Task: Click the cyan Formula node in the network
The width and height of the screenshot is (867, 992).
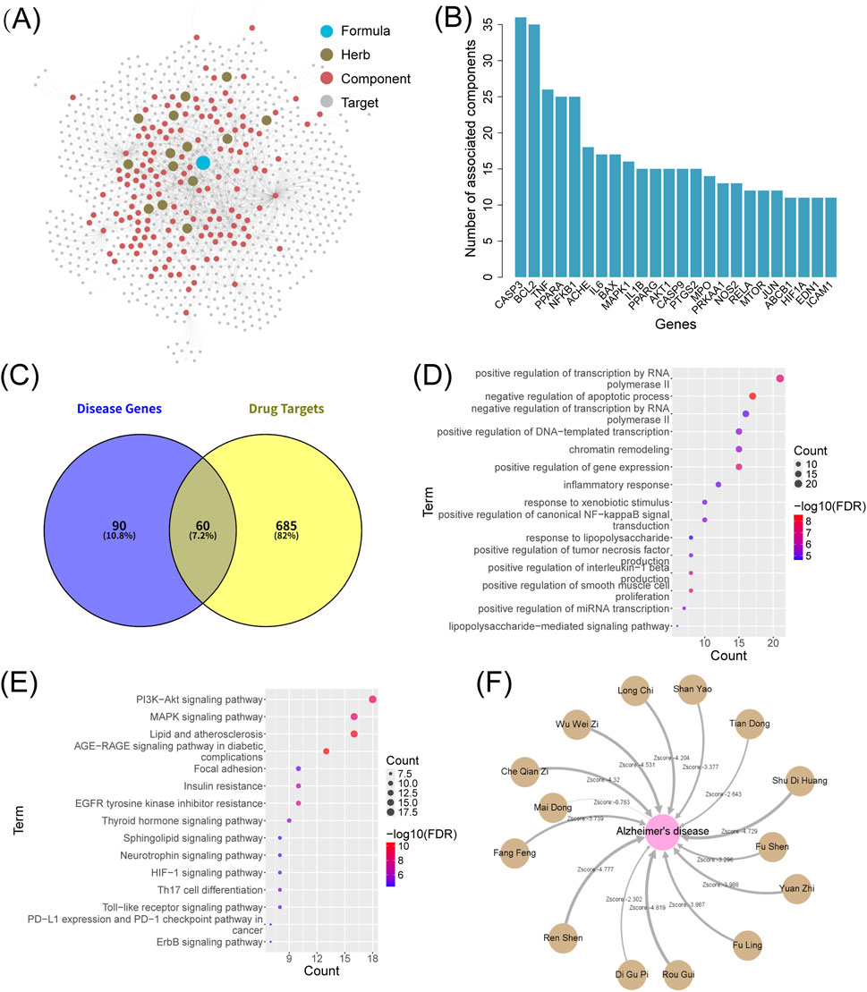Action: [203, 162]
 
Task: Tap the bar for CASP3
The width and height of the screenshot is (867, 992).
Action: [521, 148]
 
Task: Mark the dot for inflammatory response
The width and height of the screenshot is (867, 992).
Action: [718, 484]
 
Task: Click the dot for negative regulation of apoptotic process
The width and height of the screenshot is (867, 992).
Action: [752, 396]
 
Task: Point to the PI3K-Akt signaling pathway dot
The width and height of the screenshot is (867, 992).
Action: [372, 699]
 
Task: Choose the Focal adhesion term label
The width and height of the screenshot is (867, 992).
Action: [228, 768]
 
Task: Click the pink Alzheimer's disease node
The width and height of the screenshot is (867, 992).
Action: [663, 830]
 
